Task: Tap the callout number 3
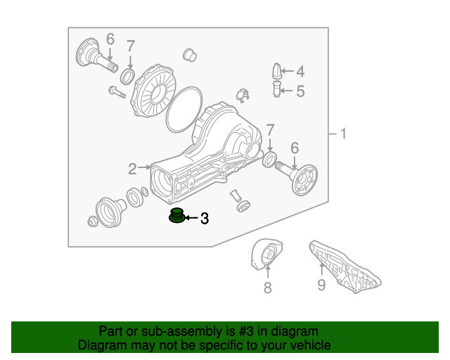pos(205,219)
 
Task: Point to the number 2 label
pos(132,168)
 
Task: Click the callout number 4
pos(300,71)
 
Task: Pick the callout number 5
pos(300,91)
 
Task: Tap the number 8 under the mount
pos(267,287)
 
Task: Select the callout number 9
pos(321,285)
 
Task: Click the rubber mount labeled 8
pos(266,256)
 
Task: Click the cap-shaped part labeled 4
pos(277,70)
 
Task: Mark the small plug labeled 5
pos(277,90)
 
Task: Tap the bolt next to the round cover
pos(116,91)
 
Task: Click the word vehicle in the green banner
pos(307,345)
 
